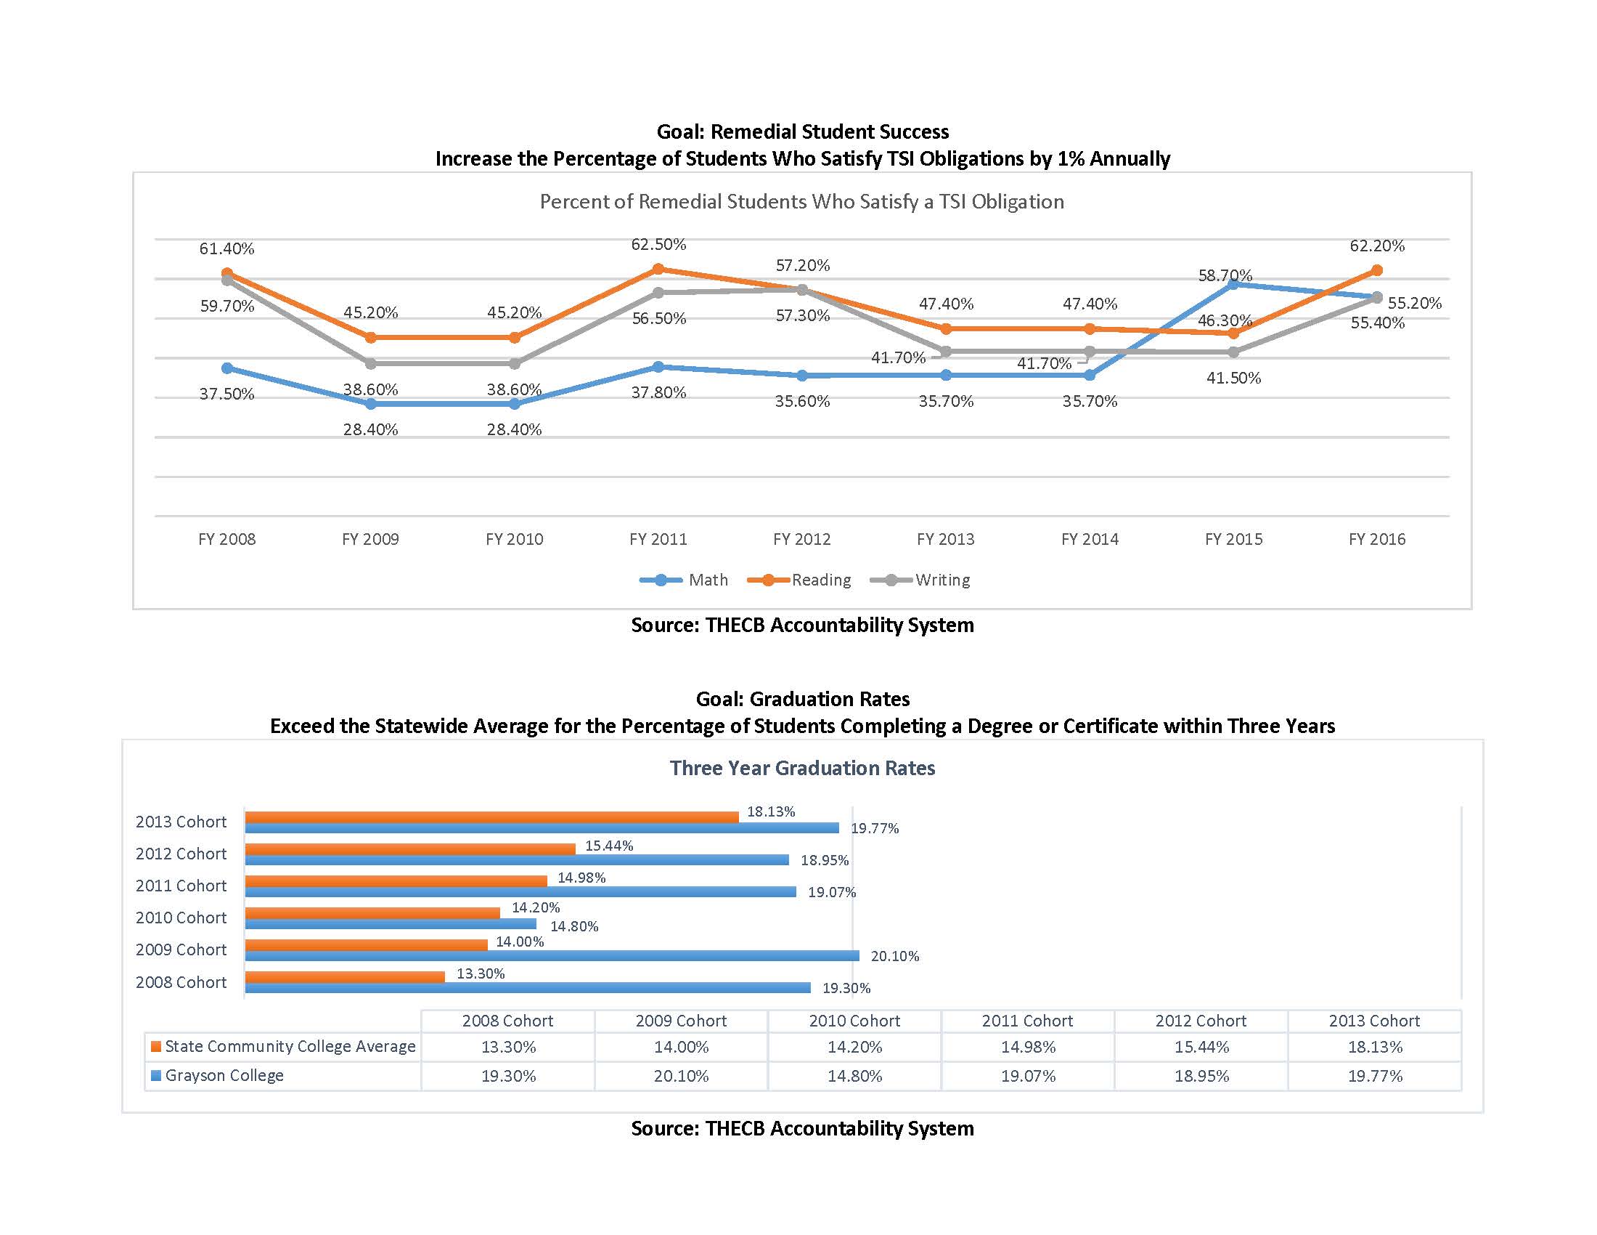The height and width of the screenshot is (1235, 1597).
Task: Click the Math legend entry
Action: (685, 580)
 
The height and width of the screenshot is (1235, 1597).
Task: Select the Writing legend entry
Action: (921, 580)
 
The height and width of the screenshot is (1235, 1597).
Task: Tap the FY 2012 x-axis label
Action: (801, 539)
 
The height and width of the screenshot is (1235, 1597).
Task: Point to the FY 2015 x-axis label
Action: (1233, 539)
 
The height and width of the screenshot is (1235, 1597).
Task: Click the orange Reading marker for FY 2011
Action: (658, 270)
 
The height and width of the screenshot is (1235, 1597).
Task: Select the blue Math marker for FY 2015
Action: (1233, 284)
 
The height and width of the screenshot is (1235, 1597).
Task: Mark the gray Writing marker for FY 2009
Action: (371, 364)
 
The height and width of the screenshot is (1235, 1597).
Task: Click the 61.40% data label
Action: (226, 248)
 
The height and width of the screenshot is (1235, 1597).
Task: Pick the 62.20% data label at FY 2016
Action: (1376, 246)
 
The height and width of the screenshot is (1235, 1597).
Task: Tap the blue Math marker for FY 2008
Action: (226, 368)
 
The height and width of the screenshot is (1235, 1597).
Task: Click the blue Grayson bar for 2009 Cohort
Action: (552, 955)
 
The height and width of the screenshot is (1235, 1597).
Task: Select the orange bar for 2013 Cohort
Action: (491, 817)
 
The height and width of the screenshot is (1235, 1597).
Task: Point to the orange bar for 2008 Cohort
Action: (344, 976)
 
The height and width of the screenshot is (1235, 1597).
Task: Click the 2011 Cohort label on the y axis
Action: (181, 886)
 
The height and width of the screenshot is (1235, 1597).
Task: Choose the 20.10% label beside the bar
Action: (894, 956)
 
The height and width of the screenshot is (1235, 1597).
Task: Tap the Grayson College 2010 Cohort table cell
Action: (854, 1076)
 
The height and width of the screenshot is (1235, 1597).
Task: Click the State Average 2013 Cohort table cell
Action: (1375, 1047)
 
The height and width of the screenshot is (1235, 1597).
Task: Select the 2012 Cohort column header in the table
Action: (1201, 1021)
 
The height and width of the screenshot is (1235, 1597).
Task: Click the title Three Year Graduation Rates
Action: (802, 768)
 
